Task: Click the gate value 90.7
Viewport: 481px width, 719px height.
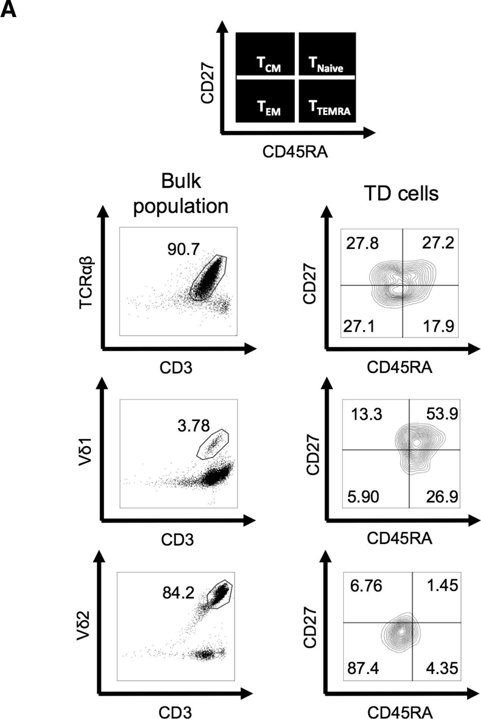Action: (x=184, y=249)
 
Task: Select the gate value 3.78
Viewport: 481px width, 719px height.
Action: (x=193, y=426)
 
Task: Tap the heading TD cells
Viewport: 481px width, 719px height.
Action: (x=401, y=193)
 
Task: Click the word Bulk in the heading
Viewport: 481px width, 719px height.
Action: (x=181, y=182)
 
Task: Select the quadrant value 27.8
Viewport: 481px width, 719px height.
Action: (x=362, y=243)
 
